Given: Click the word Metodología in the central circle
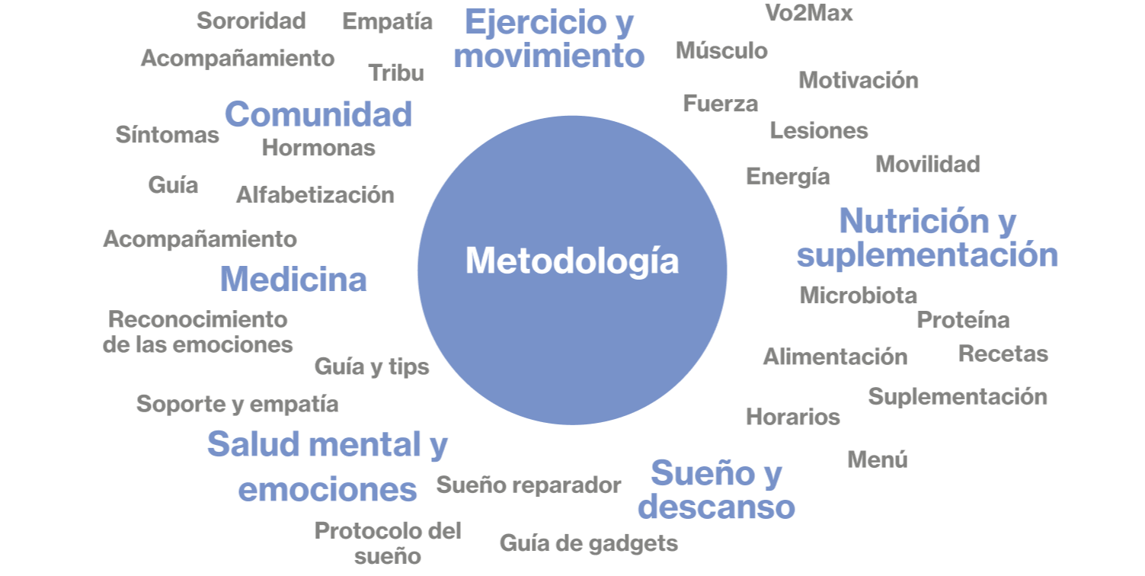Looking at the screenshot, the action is (x=571, y=261).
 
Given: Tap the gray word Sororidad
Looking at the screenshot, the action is (x=251, y=21).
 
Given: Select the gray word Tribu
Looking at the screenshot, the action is (x=396, y=72).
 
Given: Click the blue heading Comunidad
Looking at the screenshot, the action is (x=318, y=114).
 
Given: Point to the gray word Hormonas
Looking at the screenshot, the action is (x=318, y=147).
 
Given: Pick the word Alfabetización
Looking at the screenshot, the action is (x=315, y=195).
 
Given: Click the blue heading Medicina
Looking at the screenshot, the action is (x=293, y=280).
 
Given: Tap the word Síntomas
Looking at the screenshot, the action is (x=167, y=135).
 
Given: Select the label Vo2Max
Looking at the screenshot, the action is (x=808, y=13).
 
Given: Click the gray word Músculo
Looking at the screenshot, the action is (x=721, y=51).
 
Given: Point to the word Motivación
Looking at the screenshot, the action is (x=858, y=80).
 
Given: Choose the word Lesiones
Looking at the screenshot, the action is (x=818, y=130).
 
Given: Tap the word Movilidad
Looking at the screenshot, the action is (x=927, y=164).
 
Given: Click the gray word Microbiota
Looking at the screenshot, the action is (x=857, y=295).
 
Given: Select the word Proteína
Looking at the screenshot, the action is (x=963, y=320).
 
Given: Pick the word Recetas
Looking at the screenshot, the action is (x=1003, y=354).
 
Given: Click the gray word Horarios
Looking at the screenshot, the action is (x=792, y=417).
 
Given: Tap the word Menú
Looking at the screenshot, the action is (x=877, y=459).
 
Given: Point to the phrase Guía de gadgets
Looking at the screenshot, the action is (x=588, y=543).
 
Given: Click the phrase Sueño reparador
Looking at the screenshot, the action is (x=528, y=485).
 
